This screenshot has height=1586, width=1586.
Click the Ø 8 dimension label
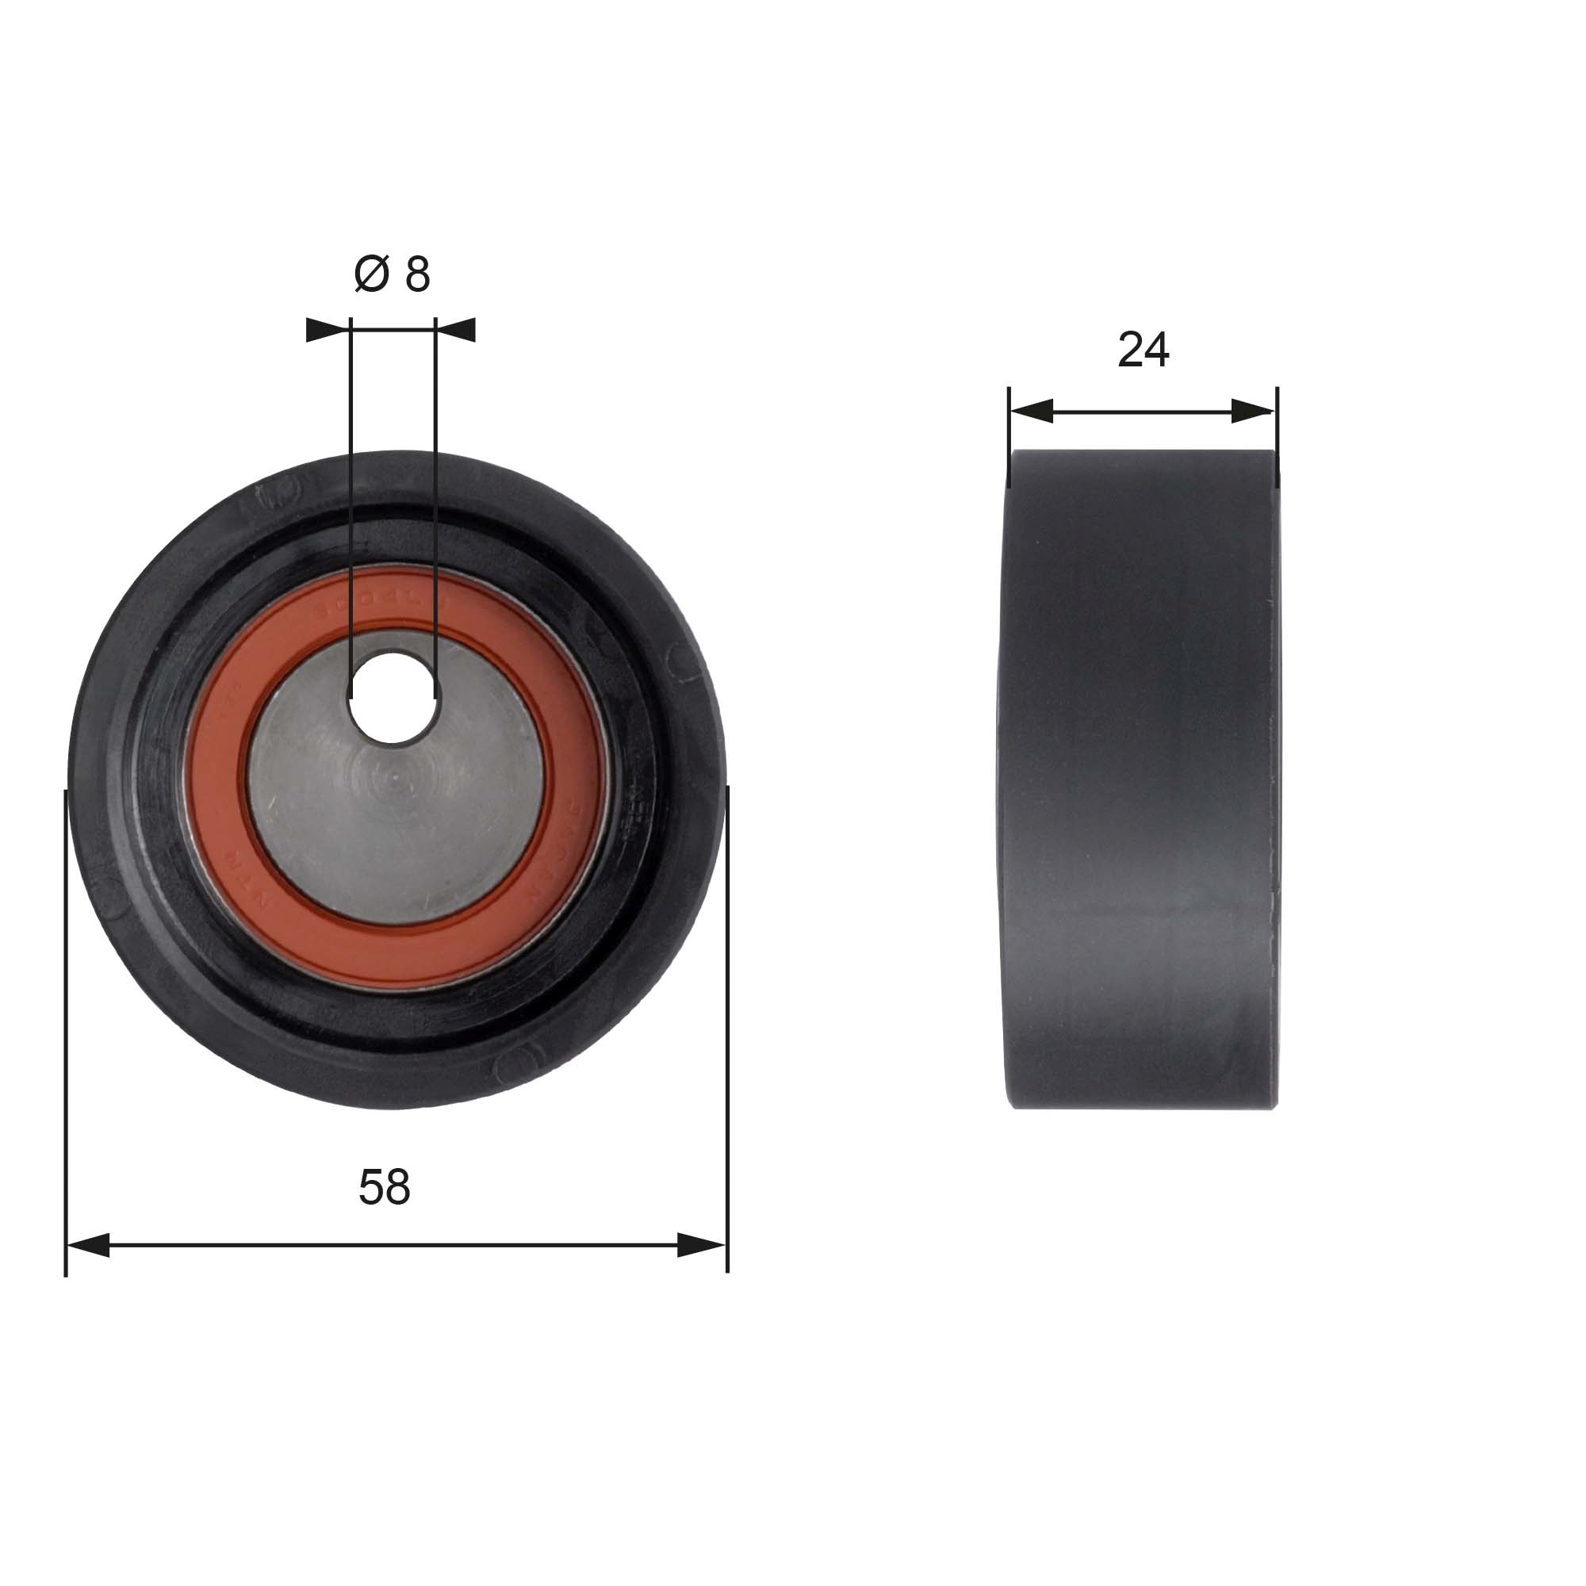coord(392,274)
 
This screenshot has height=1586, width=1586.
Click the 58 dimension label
coord(384,1188)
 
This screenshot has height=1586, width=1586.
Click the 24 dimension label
coord(1143,350)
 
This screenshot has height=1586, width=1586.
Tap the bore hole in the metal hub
coord(393,698)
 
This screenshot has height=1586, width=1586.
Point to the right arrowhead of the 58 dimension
coord(703,1245)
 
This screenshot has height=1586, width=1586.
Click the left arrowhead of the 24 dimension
coord(1031,412)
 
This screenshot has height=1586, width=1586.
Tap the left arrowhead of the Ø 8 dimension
coord(327,330)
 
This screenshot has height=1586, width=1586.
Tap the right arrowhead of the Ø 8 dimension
coord(457,330)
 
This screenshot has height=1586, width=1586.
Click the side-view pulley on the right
coord(1141,780)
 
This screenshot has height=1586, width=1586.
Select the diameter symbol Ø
coord(371,274)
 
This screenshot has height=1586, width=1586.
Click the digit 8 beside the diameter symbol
coord(417,274)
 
